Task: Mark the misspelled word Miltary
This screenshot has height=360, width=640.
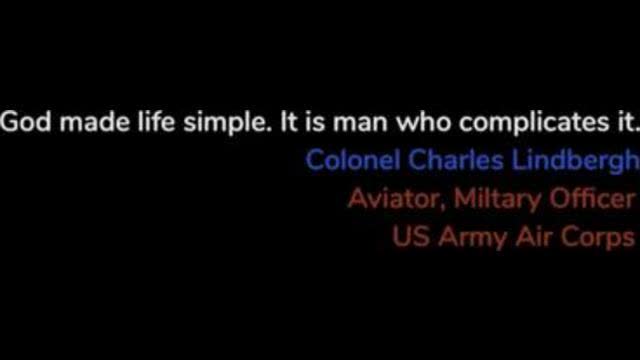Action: (498, 199)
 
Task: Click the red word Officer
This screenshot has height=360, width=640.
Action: (593, 198)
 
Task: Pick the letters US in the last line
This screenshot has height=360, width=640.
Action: (408, 237)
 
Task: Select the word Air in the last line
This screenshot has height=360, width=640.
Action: (527, 237)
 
